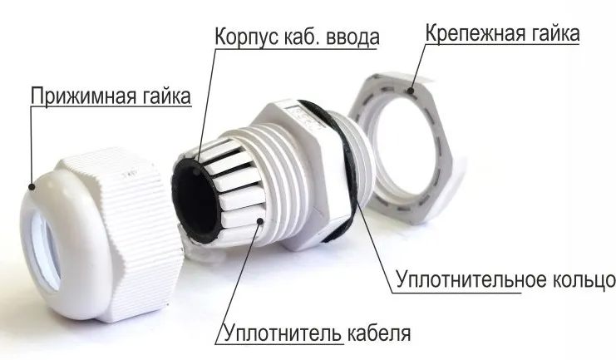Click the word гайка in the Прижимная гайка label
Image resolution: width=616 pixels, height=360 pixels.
pos(163,96)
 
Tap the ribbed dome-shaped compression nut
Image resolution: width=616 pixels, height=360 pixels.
pos(133,224)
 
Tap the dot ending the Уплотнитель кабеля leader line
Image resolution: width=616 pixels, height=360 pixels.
pos(263,220)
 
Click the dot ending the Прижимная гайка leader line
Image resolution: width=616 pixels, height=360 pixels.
pos(32,187)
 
